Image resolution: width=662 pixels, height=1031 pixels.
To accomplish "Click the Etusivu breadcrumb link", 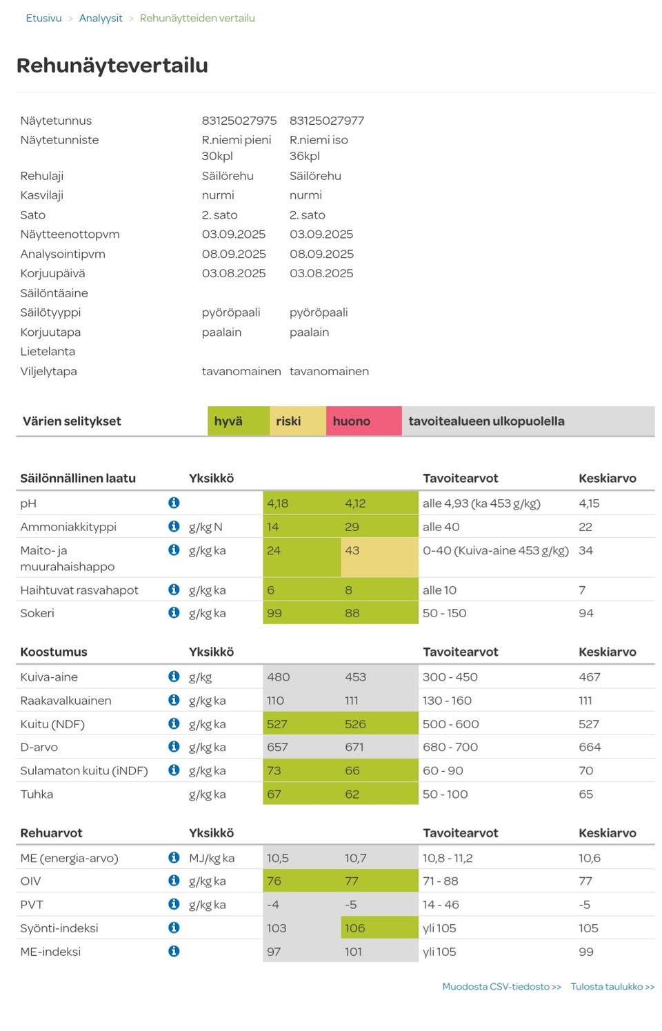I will pyautogui.click(x=43, y=18).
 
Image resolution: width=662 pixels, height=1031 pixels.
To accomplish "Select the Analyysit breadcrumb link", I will pyautogui.click(x=101, y=18).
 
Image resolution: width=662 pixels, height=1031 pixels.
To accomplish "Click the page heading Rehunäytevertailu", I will pyautogui.click(x=112, y=66).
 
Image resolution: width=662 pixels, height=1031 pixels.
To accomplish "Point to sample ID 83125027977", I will pyautogui.click(x=327, y=121).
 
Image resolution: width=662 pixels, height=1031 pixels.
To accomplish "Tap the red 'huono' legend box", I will pyautogui.click(x=363, y=421).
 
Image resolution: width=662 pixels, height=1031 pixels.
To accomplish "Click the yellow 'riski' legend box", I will pyautogui.click(x=297, y=421).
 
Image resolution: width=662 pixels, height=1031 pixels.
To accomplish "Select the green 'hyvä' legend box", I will pyautogui.click(x=238, y=421).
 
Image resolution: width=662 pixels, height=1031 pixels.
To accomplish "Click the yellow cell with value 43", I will pyautogui.click(x=379, y=557).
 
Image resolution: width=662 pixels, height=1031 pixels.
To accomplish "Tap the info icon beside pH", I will pyautogui.click(x=174, y=503).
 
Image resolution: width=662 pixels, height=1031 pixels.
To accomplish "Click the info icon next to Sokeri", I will pyautogui.click(x=174, y=612).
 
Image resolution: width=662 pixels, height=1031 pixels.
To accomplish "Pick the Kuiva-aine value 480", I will pyautogui.click(x=279, y=677).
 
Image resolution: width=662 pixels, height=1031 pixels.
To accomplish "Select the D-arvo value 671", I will pyautogui.click(x=355, y=747).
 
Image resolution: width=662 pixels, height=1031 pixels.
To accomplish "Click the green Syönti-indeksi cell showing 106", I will pyautogui.click(x=379, y=928).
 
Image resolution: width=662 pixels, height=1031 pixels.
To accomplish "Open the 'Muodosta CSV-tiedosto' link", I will pyautogui.click(x=501, y=986).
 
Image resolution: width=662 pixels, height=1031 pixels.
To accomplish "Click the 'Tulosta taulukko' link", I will pyautogui.click(x=612, y=986).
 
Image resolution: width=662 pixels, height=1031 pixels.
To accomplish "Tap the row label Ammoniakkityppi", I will pyautogui.click(x=68, y=527).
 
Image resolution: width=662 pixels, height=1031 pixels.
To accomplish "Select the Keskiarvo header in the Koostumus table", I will pyautogui.click(x=607, y=652).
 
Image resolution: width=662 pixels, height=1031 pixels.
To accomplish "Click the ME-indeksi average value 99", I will pyautogui.click(x=586, y=952).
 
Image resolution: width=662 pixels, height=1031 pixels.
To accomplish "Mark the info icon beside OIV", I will pyautogui.click(x=174, y=881).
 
